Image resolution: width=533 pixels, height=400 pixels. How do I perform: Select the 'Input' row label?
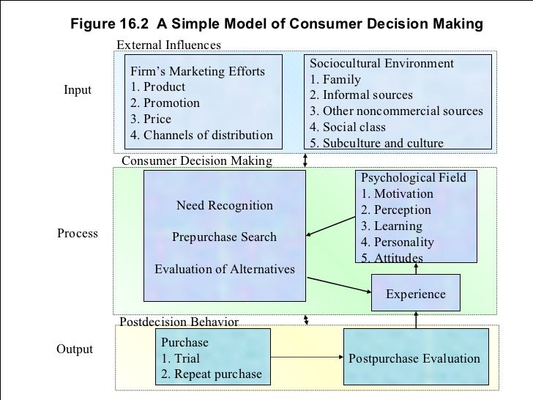77,90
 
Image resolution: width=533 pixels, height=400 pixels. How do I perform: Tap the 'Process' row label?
77,234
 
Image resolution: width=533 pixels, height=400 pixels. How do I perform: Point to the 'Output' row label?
75,349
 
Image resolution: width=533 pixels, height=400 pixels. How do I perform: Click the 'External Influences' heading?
168,45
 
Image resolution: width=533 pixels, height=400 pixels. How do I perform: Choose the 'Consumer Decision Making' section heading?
196,160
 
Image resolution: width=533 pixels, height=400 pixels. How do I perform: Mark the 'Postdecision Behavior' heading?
179,322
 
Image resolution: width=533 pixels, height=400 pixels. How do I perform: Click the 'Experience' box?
415,294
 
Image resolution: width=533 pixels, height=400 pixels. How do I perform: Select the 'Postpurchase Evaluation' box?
414,358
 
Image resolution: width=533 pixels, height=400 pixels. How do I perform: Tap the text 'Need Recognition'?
224,206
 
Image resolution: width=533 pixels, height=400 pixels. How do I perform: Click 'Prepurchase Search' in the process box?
224,237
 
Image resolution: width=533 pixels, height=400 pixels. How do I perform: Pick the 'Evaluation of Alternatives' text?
225,270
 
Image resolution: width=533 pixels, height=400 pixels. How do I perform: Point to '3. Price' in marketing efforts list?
150,119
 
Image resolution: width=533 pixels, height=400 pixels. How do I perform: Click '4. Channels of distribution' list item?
201,136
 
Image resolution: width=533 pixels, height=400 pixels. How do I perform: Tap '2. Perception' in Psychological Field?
396,210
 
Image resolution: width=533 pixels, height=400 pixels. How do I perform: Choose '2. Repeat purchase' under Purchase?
211,374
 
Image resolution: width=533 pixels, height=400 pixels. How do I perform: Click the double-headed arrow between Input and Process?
305,160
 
